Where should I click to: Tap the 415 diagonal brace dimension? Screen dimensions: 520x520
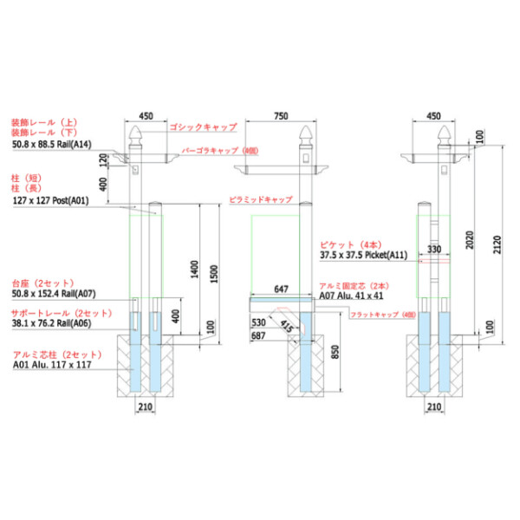pos(285,327)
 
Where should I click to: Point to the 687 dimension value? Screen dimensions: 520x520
pos(258,335)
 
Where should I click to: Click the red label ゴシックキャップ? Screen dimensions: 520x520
pos(203,127)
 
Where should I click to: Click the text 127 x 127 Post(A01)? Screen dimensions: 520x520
pos(50,200)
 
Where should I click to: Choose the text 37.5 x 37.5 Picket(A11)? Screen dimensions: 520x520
pos(363,256)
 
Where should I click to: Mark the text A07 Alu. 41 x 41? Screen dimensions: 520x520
pos(351,296)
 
